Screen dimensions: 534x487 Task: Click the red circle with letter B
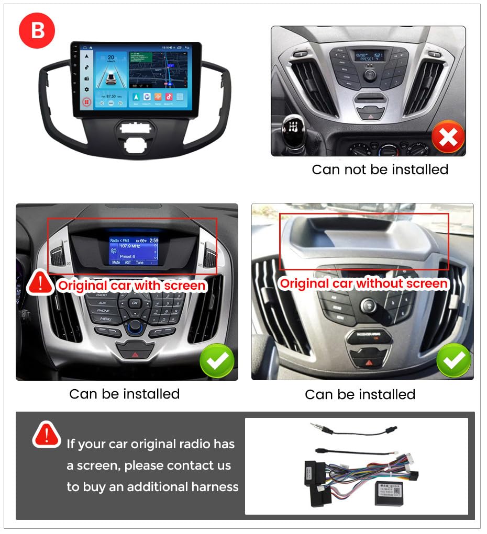click(x=37, y=31)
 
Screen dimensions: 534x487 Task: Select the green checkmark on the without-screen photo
click(x=453, y=360)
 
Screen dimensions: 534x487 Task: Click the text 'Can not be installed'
click(x=380, y=169)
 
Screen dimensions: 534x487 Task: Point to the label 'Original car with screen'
click(x=131, y=286)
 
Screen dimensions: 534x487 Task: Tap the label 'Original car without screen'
click(x=363, y=283)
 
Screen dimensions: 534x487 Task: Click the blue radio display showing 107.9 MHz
click(x=134, y=251)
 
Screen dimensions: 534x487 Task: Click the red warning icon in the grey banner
click(x=47, y=435)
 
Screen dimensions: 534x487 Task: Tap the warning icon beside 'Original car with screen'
click(x=41, y=282)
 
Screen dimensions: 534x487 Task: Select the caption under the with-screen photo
click(x=125, y=394)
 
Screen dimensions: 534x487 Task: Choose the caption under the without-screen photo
click(x=360, y=394)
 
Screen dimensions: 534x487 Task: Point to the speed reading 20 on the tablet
click(x=111, y=58)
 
